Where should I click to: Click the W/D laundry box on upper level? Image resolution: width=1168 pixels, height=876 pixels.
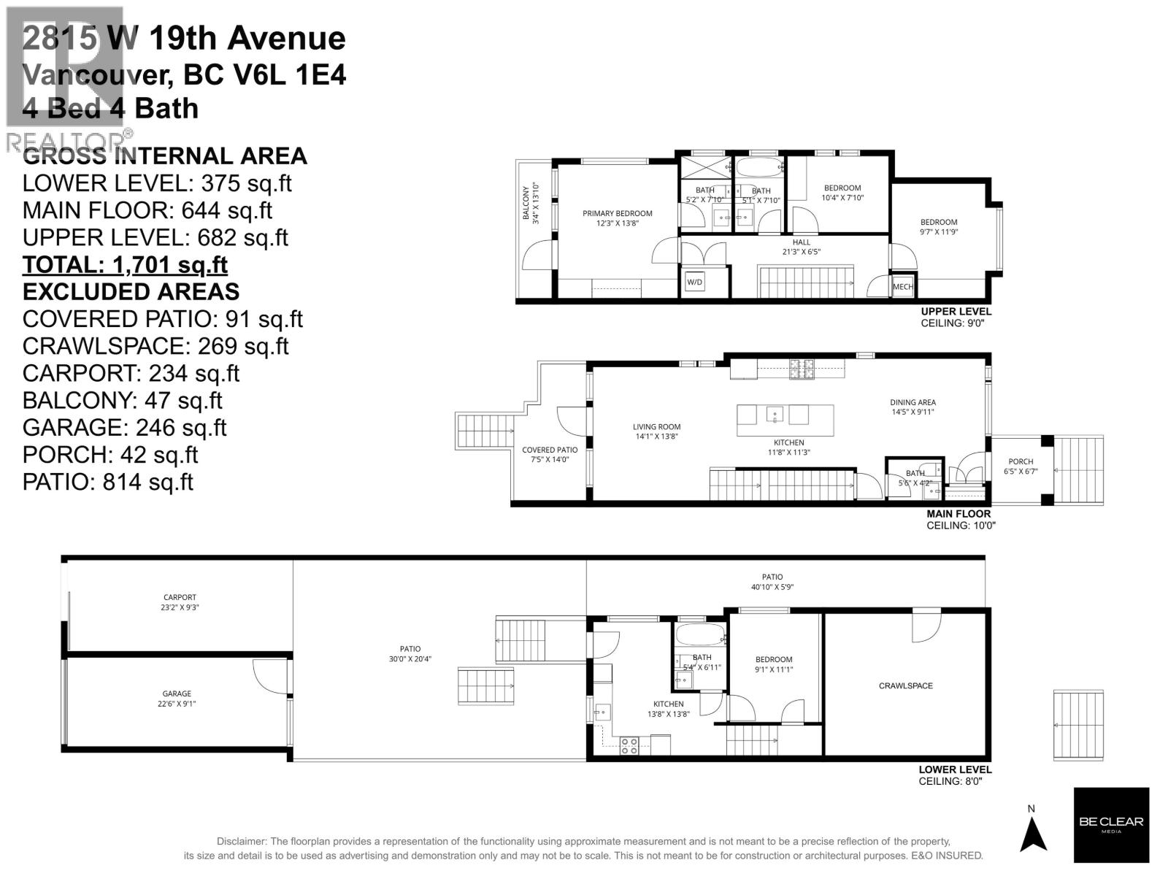[694, 282]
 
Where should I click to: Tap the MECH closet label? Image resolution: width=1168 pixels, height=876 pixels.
[902, 287]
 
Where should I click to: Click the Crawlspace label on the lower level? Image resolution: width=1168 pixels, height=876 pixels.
[905, 685]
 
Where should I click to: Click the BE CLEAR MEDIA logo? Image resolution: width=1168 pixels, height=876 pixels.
[1111, 825]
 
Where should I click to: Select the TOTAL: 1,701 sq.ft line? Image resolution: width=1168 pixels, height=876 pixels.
[125, 264]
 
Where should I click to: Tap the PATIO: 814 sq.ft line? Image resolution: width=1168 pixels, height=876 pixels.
[108, 482]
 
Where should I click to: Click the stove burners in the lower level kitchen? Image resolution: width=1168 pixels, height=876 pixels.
[629, 745]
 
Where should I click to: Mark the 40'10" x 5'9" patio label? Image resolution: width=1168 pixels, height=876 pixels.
[772, 582]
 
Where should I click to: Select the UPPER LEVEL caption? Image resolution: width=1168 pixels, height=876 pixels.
[956, 312]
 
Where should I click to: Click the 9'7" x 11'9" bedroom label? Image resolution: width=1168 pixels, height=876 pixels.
[938, 227]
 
